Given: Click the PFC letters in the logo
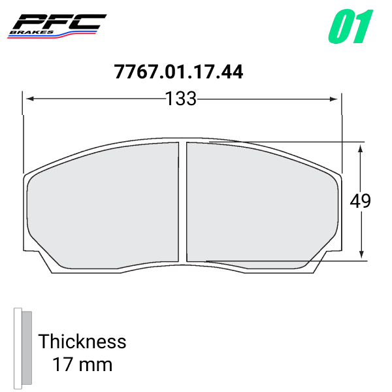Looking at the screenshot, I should coord(62,21).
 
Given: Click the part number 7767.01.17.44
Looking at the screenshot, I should coord(178,72).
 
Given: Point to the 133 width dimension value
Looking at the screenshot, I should coord(180,99).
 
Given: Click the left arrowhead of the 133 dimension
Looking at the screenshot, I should coord(29,99).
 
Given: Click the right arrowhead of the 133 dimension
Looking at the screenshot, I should coord(334,99).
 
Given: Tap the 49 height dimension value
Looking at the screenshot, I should coord(360,201).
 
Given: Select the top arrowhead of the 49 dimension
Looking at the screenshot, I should coord(360,148).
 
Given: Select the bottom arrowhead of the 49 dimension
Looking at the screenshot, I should coord(360,255).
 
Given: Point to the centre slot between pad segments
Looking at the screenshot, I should coord(183,203).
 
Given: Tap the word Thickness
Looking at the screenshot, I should coord(82,341).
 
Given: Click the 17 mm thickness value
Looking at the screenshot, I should coord(82,364).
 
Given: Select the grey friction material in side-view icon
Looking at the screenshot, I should coord(26,346).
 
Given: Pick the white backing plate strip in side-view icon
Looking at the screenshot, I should coord(18,346).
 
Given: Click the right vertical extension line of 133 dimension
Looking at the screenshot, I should coord(340,131).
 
